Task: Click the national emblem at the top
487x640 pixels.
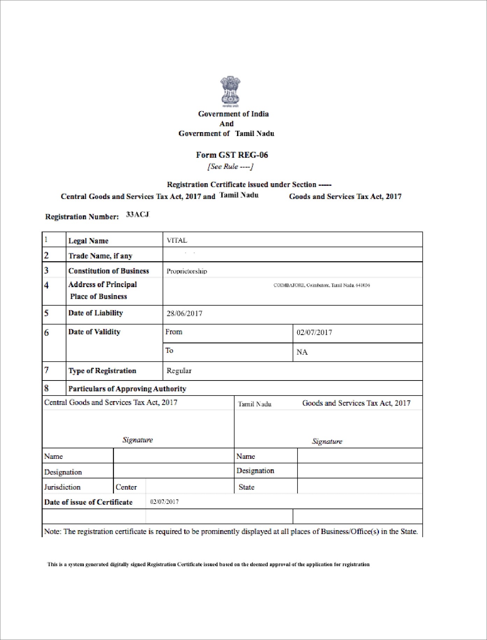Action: tap(230, 91)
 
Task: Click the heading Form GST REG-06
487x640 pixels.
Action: tap(232, 155)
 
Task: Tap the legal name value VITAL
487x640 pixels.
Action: tap(177, 240)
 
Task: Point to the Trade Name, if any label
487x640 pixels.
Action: tap(100, 256)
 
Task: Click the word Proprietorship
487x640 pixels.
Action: tap(187, 271)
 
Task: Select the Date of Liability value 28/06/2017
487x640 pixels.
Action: tap(184, 313)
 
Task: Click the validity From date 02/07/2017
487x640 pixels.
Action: tap(314, 332)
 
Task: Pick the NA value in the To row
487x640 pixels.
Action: tap(302, 352)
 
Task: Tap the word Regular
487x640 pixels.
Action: tap(179, 371)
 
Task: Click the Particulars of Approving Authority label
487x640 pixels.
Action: tap(127, 389)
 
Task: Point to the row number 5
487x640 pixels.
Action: tap(46, 313)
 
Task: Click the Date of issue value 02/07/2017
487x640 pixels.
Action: tap(164, 502)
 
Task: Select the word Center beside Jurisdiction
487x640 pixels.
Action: tap(126, 487)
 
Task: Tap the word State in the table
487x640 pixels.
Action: tap(246, 487)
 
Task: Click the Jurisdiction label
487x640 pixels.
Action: tap(62, 487)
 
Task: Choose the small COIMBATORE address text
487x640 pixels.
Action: tap(322, 285)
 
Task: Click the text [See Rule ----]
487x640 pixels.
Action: tap(230, 166)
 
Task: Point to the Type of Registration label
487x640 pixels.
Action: tap(102, 371)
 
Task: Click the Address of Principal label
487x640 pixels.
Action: tap(102, 284)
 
